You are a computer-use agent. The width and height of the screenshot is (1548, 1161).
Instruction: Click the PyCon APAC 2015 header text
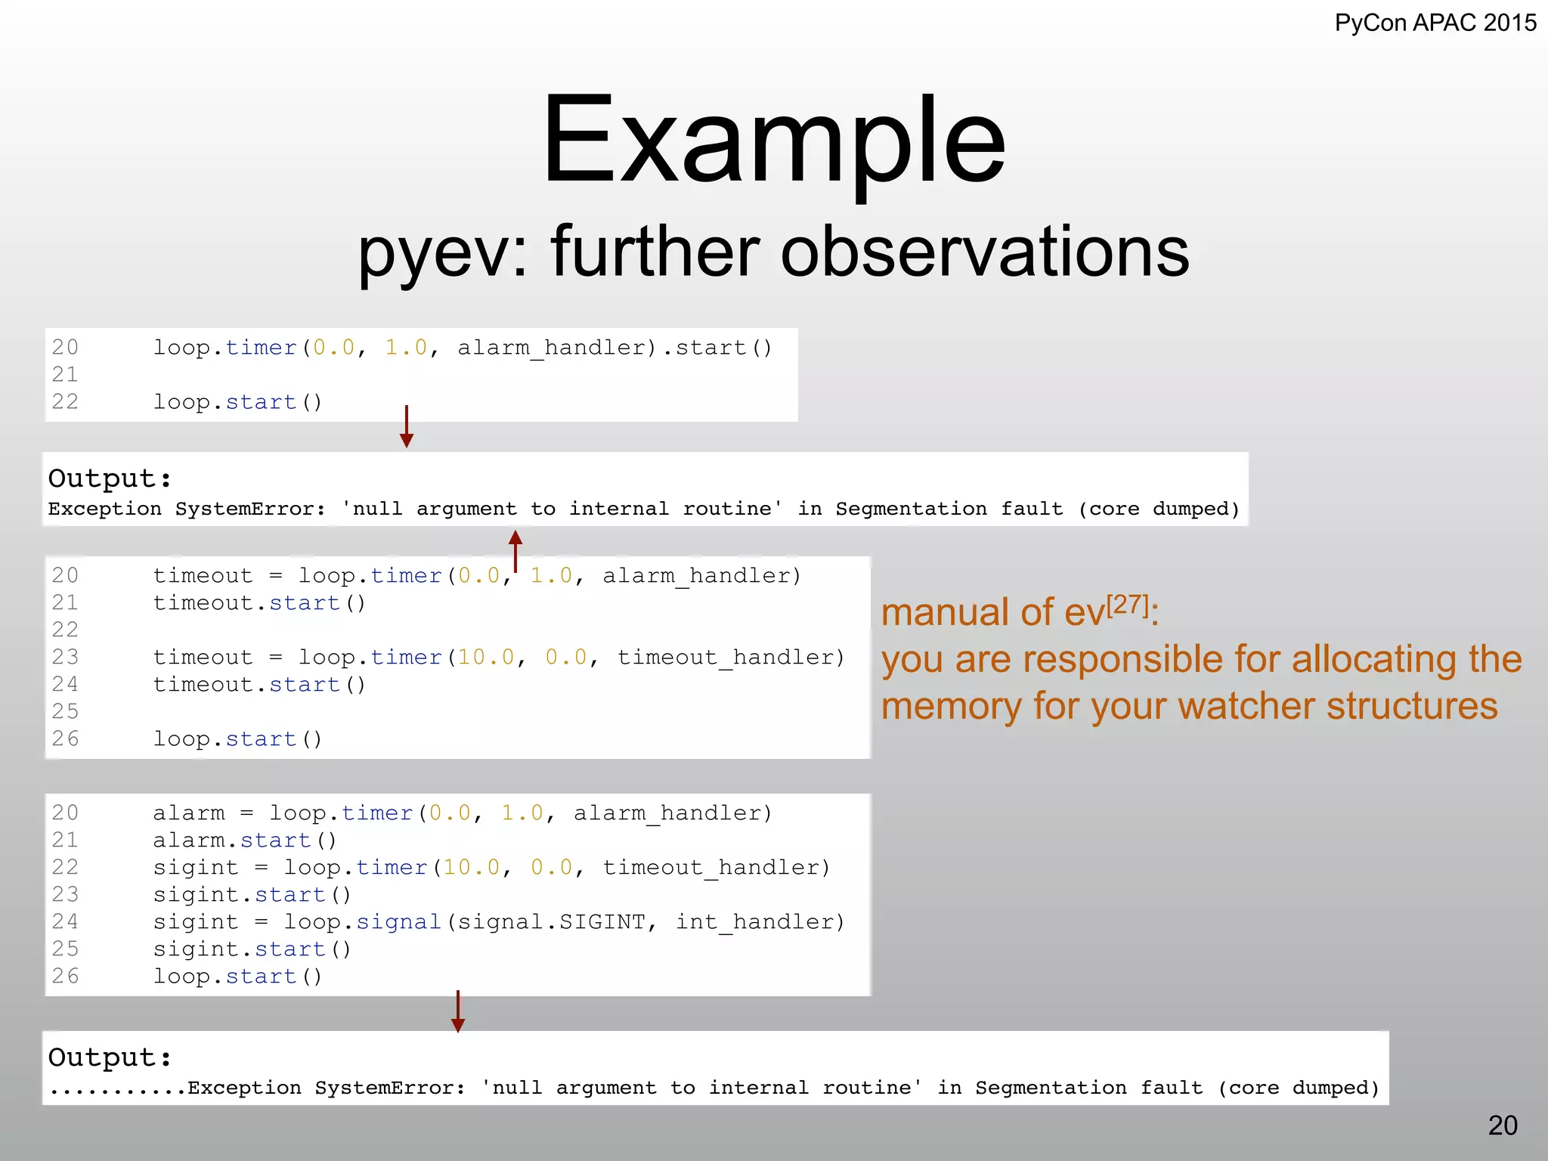(1435, 23)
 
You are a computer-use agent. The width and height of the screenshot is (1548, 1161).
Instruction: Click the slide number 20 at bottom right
(1503, 1125)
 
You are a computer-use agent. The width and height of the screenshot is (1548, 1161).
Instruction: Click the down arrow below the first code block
(407, 427)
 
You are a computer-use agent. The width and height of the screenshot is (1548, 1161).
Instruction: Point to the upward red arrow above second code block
(515, 550)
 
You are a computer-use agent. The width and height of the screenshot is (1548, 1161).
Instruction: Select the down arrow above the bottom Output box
(457, 1011)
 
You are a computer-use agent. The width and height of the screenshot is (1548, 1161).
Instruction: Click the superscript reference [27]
(1128, 605)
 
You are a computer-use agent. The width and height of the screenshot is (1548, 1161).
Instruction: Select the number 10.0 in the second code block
(486, 658)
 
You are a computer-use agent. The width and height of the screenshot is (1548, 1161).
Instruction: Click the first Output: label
(110, 478)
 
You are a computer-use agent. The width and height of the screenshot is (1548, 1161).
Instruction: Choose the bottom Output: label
(110, 1057)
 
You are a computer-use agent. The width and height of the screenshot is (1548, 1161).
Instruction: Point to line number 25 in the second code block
(65, 711)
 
